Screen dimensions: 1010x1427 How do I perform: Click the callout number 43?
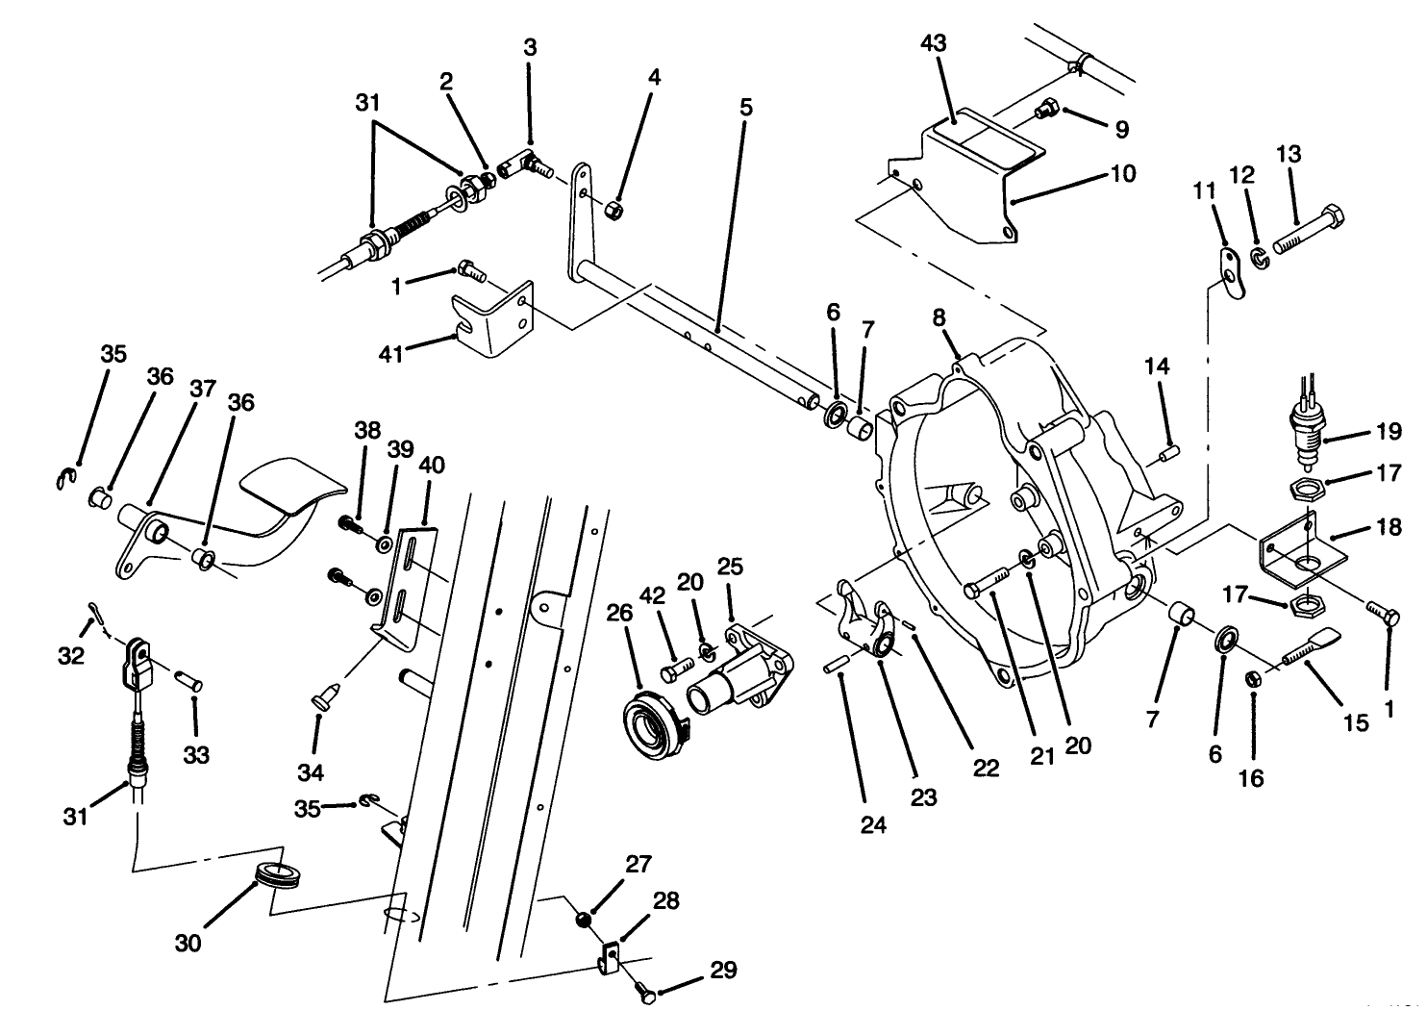tap(933, 43)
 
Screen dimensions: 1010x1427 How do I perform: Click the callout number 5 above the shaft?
tap(746, 108)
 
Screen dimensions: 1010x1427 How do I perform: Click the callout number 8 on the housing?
tap(939, 317)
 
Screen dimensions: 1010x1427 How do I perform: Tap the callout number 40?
tap(432, 465)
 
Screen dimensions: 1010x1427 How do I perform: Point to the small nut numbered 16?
tap(1254, 680)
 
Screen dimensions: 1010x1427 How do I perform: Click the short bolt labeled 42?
tap(677, 665)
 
